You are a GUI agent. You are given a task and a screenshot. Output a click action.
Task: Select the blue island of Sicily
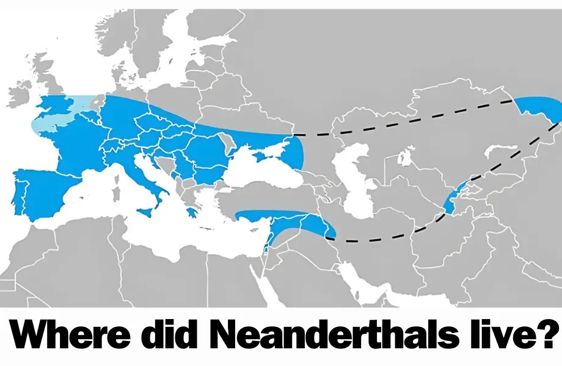pos(147,210)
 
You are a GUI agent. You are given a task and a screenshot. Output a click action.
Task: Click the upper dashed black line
pos(403,116)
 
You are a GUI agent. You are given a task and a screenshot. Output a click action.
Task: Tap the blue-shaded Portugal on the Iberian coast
pos(20,192)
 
